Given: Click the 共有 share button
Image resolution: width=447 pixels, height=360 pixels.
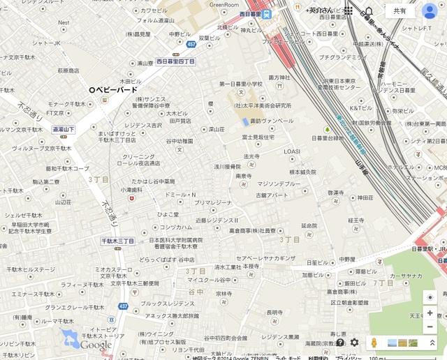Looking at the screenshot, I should pos(400,11).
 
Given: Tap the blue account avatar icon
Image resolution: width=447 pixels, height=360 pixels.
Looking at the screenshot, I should pos(430,11).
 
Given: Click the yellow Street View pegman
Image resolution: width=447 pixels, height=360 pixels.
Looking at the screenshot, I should pos(374,343).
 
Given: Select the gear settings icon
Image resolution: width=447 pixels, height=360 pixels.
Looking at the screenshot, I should pos(355,343).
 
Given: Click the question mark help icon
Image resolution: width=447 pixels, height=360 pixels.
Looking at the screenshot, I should pos(339,343).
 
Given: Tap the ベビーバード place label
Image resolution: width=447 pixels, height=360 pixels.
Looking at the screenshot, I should pos(117,90).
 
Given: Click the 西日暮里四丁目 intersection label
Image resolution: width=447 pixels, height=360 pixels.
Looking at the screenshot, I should pos(175,61).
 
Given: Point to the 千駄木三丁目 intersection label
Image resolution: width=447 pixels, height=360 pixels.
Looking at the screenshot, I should pos(117,241).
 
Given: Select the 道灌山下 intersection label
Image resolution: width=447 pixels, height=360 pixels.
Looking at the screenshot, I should pos(64,130).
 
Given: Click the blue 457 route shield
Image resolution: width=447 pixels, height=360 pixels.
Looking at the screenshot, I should pos(192,45).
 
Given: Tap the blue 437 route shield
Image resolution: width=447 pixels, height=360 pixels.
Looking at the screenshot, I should pos(124,306).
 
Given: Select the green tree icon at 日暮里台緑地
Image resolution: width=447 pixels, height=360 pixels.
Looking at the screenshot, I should pos(326,130).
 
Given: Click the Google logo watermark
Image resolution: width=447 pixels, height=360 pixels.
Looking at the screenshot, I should pos(95,345).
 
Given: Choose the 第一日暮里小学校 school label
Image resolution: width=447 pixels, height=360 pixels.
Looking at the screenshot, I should pos(241,84).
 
